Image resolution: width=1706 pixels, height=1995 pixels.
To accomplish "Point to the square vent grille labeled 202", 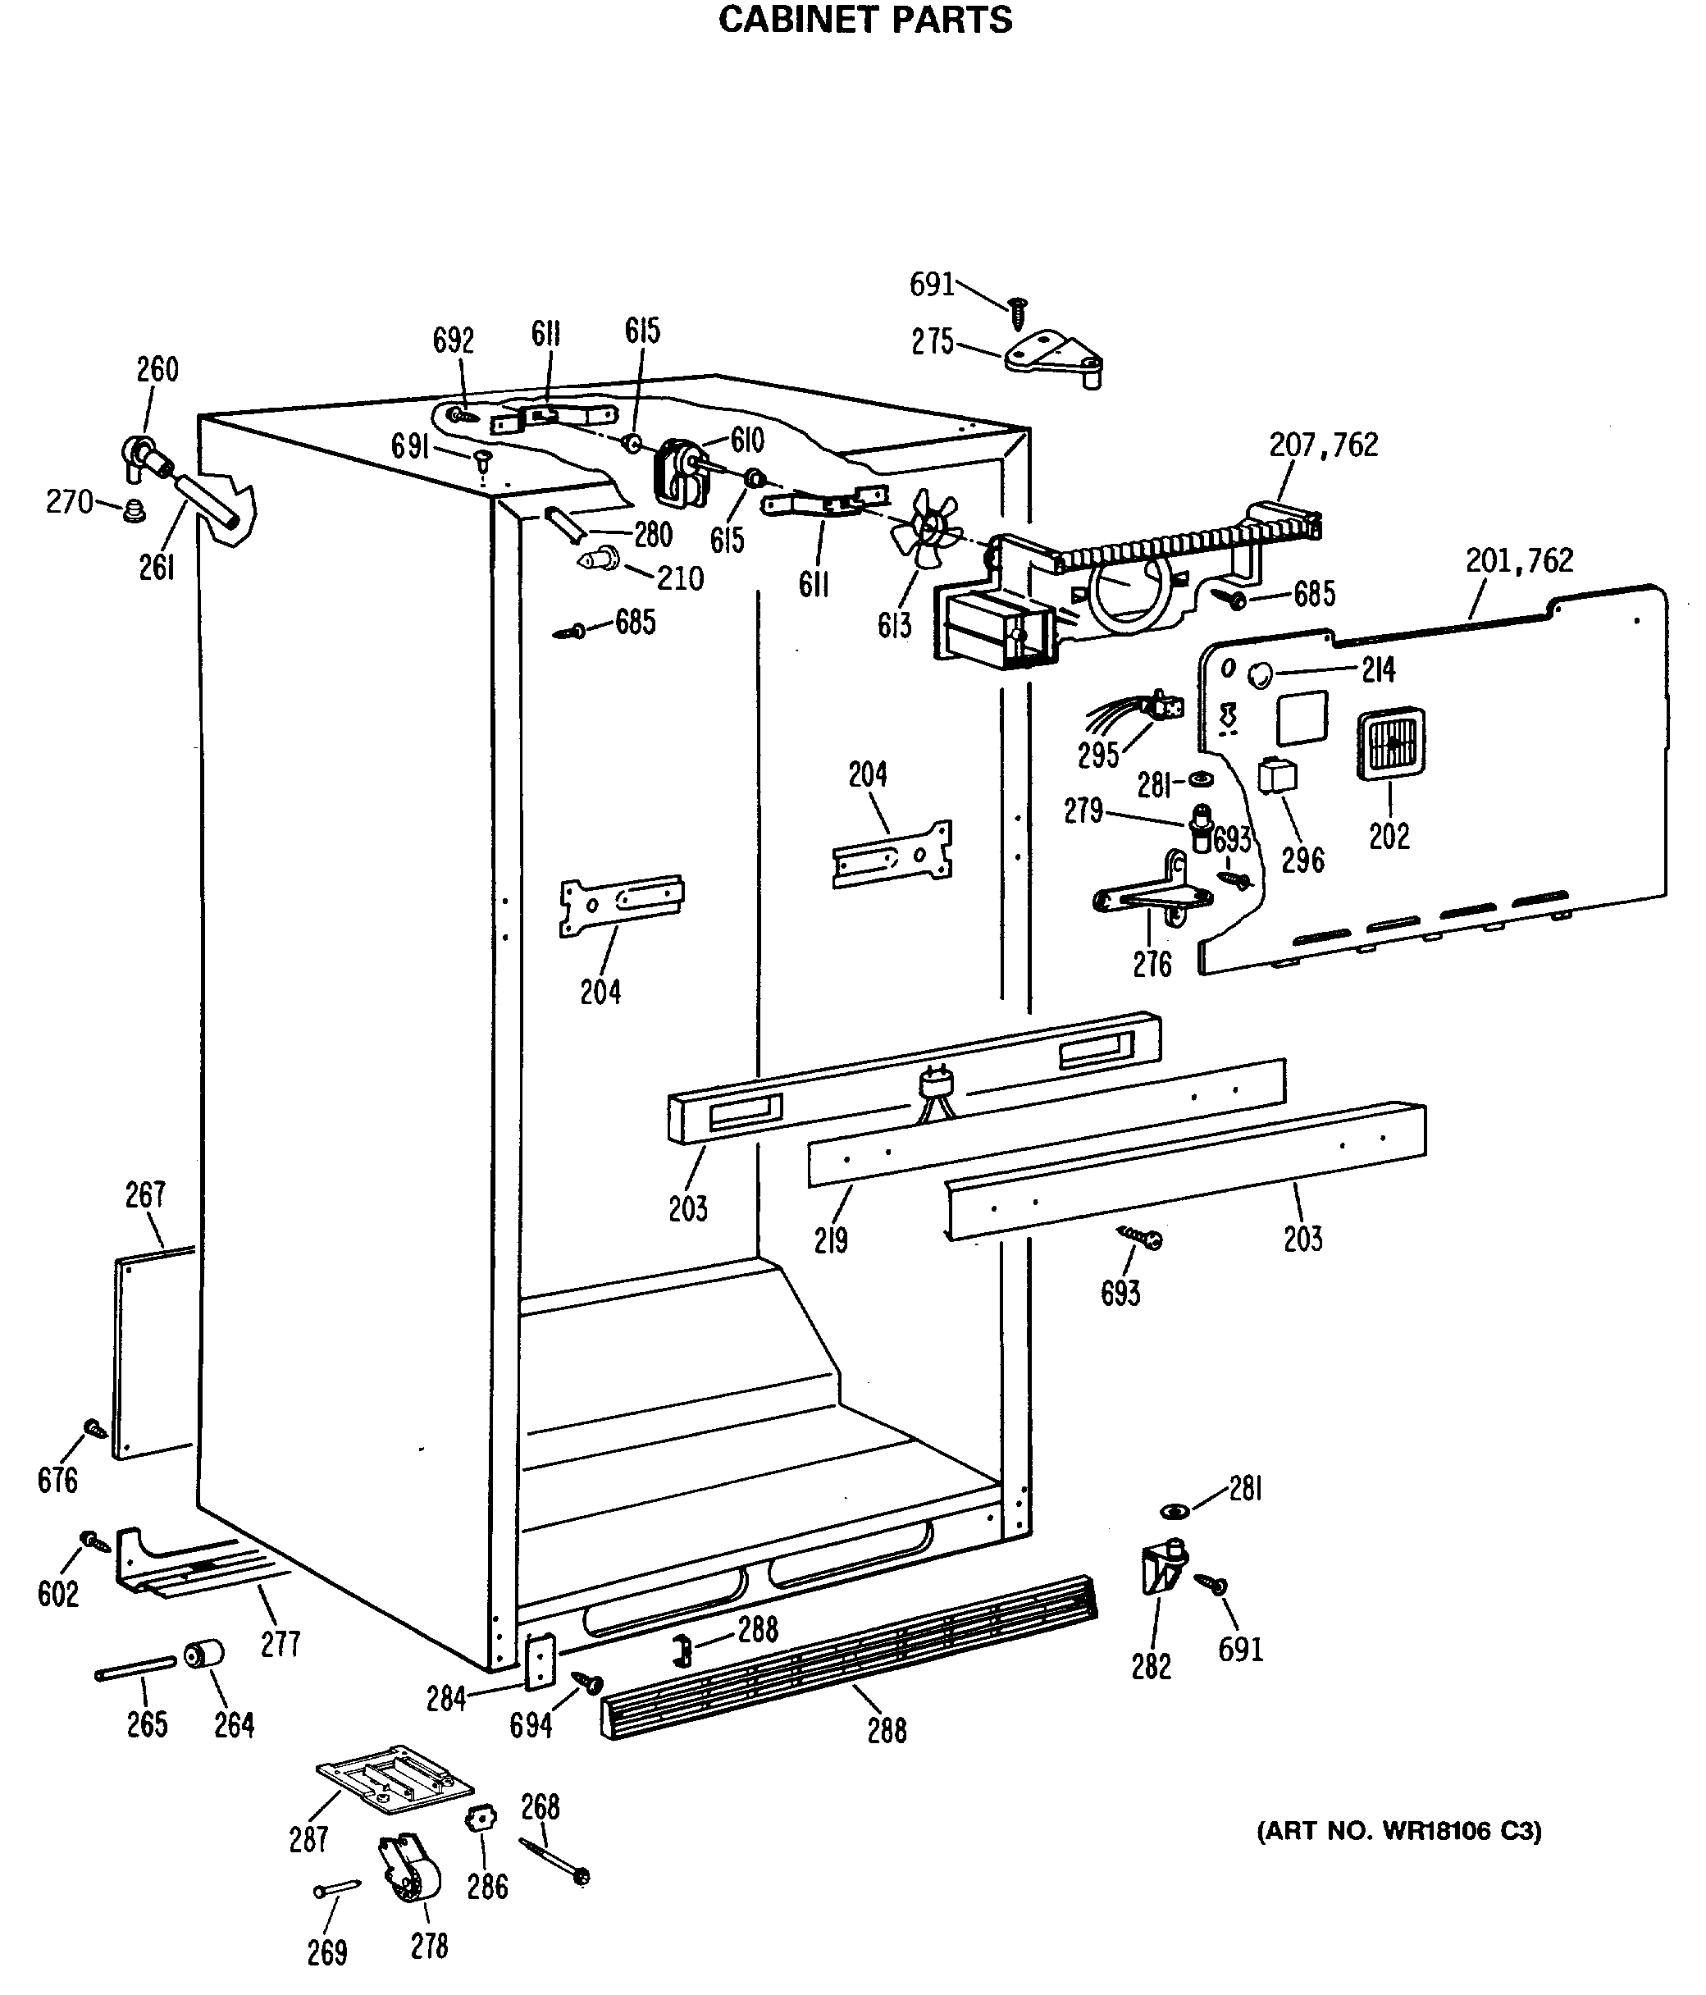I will (x=1390, y=743).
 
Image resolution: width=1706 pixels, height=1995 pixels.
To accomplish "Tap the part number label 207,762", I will (x=1324, y=445).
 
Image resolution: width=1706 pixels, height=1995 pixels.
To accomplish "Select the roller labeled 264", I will (x=203, y=1654).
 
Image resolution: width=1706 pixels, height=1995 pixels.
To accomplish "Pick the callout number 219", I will (x=831, y=1240).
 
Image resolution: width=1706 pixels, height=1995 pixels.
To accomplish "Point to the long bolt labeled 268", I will (x=554, y=1861).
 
